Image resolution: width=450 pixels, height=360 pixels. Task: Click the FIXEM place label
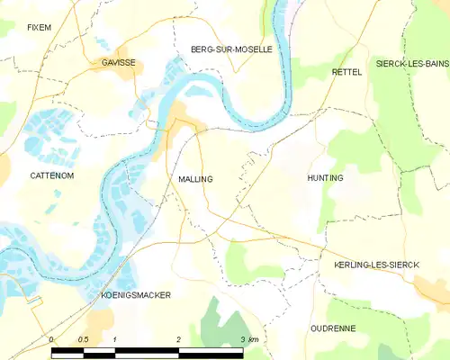pos(39,28)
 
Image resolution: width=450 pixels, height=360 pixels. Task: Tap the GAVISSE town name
pos(117,63)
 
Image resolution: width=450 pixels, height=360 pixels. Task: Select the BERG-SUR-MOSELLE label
pos(231,49)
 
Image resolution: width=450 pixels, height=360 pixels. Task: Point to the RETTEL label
pos(346,71)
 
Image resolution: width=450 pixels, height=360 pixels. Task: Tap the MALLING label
pos(195,179)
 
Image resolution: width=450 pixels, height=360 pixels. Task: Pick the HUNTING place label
pos(325,178)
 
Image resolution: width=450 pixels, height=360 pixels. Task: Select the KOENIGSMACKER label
pos(136,295)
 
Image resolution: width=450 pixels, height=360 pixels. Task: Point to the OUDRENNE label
pos(334,328)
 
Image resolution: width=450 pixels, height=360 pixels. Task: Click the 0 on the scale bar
pos(52,339)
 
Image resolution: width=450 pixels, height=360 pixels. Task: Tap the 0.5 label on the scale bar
pos(83,339)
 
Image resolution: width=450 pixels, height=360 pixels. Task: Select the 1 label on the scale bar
pos(115,339)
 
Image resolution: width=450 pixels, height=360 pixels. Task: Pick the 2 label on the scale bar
pos(179,339)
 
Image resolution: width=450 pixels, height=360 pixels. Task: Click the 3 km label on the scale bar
pos(249,339)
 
